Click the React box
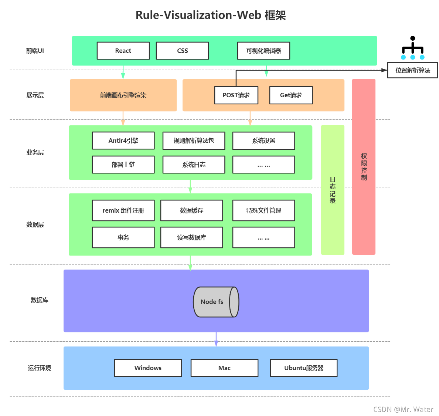point(123,51)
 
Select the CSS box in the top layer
point(182,51)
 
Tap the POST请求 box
point(236,95)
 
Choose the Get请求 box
point(291,95)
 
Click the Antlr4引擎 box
point(123,141)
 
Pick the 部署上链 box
point(123,165)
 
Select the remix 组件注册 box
point(123,210)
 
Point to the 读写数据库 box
point(191,237)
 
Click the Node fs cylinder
point(216,302)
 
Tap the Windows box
point(148,368)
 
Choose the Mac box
point(224,368)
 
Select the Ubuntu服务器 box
point(304,368)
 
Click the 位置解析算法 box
point(412,70)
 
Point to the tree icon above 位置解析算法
point(412,48)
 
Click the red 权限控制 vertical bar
point(364,166)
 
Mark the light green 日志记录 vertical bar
point(333,190)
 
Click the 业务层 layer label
point(35,152)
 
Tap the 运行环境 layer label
point(40,368)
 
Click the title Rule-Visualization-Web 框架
point(211,15)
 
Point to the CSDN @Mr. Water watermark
point(403,409)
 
